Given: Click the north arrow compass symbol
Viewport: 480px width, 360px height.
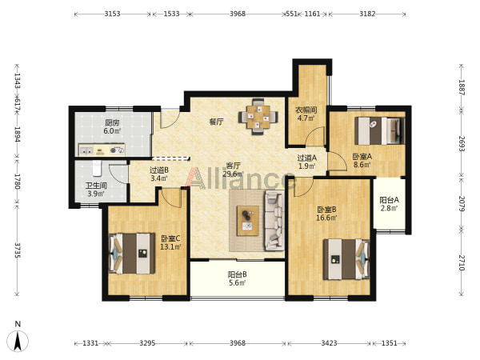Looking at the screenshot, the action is (18, 341).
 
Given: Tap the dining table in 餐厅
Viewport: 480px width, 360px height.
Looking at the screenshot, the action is (258, 117).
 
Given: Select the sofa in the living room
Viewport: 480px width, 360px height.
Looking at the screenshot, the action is (274, 220).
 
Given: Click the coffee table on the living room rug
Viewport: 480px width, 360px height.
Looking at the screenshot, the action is (248, 221).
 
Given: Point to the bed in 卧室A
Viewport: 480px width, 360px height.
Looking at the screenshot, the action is (379, 130).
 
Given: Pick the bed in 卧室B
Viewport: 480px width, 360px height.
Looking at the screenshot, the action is (346, 259).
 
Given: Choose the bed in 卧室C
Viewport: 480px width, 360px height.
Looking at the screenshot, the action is (132, 254).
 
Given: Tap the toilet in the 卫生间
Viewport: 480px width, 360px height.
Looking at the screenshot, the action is (97, 168).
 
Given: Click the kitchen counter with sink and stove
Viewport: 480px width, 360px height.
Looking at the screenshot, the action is (102, 150).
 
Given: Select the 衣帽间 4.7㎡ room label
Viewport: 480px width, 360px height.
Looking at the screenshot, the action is (306, 114).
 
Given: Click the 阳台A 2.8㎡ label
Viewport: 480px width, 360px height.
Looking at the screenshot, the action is (389, 204).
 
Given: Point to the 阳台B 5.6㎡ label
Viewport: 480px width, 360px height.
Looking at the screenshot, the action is (238, 278).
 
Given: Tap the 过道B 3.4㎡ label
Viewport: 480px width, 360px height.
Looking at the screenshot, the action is (159, 174).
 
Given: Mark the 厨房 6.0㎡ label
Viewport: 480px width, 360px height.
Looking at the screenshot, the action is (112, 126).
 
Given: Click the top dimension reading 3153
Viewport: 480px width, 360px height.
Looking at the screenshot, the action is (112, 14).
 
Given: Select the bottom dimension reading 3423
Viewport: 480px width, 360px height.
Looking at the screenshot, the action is (329, 343).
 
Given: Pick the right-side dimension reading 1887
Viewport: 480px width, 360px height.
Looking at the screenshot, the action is (462, 87).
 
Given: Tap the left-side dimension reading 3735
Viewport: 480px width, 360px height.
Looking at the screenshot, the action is (17, 250).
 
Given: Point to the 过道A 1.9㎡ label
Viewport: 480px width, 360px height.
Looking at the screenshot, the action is (307, 162).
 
